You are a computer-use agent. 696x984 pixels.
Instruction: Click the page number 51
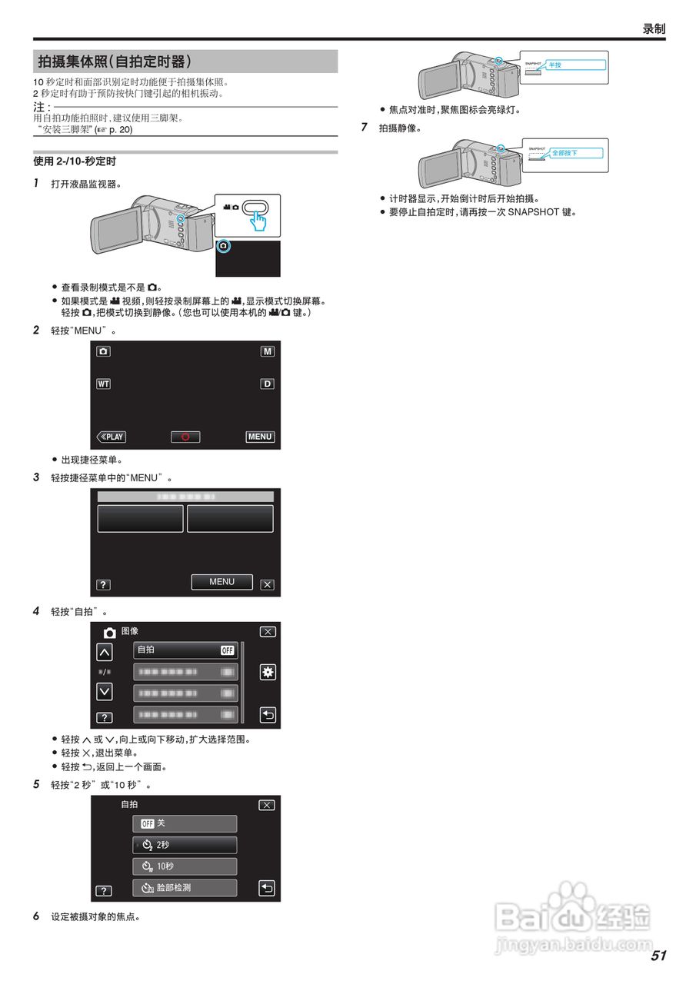pyautogui.click(x=658, y=956)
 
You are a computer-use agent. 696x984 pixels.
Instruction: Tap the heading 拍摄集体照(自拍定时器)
pyautogui.click(x=115, y=61)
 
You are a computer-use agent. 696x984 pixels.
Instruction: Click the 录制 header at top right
pyautogui.click(x=653, y=29)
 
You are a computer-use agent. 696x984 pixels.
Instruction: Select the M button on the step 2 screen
pyautogui.click(x=267, y=351)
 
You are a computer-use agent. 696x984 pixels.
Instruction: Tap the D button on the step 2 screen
pyautogui.click(x=267, y=384)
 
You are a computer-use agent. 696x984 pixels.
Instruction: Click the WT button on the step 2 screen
pyautogui.click(x=103, y=384)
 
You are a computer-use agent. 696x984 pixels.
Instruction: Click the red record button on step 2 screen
pyautogui.click(x=185, y=437)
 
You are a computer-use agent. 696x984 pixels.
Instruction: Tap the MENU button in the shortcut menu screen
pyautogui.click(x=221, y=582)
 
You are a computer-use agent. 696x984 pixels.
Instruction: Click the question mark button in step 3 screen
pyautogui.click(x=103, y=584)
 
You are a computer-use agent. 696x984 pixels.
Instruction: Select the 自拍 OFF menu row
pyautogui.click(x=185, y=650)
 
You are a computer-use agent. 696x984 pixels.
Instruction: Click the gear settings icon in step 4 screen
pyautogui.click(x=267, y=672)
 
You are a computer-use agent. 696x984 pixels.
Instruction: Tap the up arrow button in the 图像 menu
pyautogui.click(x=104, y=653)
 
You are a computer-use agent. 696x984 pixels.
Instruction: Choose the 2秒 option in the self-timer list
pyautogui.click(x=185, y=845)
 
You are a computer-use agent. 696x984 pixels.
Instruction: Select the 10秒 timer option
pyautogui.click(x=185, y=866)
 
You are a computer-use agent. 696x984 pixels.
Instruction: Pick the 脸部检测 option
pyautogui.click(x=185, y=888)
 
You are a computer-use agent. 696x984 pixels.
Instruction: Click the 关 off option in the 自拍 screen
pyautogui.click(x=185, y=823)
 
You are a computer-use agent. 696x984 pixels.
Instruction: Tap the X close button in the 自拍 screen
pyautogui.click(x=266, y=805)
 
